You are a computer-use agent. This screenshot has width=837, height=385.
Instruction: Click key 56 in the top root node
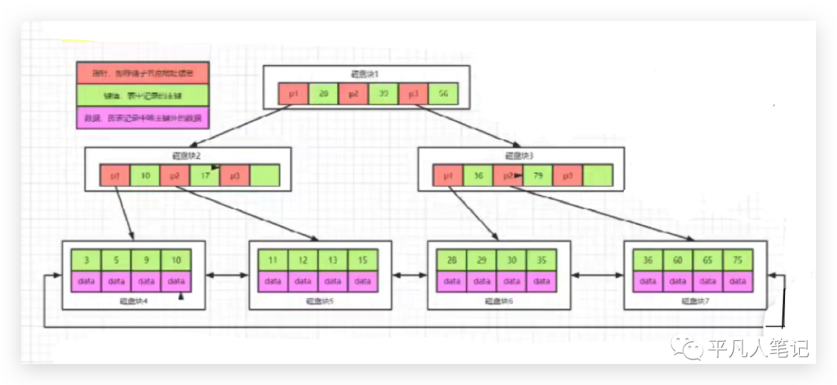point(443,94)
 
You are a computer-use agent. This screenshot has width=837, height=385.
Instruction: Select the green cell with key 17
point(205,176)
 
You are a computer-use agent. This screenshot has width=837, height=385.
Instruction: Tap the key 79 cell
point(538,176)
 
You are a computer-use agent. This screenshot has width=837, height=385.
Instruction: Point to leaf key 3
point(86,260)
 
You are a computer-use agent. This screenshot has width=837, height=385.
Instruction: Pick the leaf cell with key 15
point(363,260)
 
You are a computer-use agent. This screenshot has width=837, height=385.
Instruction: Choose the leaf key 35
point(542,260)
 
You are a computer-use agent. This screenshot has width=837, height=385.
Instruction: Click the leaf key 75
point(738,260)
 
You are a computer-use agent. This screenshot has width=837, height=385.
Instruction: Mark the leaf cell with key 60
point(678,260)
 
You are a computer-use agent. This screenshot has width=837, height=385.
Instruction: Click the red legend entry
point(143,74)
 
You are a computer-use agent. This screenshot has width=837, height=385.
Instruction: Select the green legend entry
point(143,96)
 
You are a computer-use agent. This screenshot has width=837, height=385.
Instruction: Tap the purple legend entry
point(143,119)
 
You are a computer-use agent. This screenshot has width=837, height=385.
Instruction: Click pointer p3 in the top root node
point(413,94)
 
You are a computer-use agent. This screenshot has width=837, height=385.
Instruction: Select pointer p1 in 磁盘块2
point(114,176)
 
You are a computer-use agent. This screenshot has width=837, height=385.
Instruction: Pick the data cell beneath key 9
point(146,280)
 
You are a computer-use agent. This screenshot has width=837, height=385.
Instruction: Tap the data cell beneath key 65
point(708,280)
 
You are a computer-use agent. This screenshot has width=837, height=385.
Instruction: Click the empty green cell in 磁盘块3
point(598,176)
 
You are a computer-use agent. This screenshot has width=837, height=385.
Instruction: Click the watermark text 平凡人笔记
point(758,349)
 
